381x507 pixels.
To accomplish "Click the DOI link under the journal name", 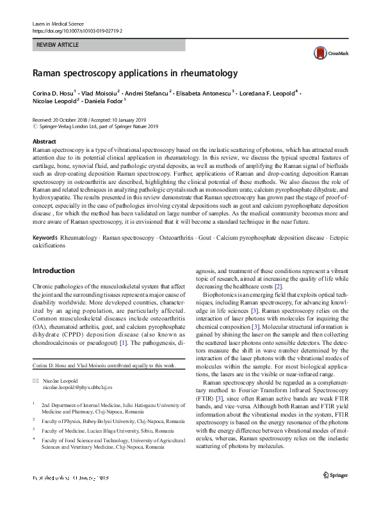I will pyautogui.click(x=77, y=30).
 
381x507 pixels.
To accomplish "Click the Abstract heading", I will pyautogui.click(x=44, y=141).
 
